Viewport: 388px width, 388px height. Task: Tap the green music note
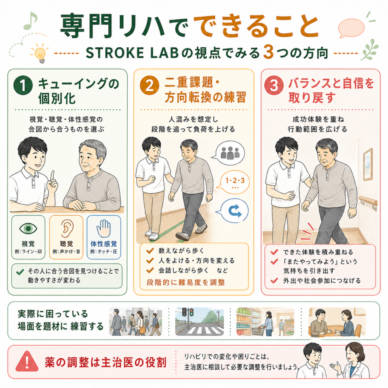tap(30, 21)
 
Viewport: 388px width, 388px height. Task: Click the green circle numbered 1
tap(23, 85)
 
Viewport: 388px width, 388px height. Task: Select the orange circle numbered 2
tap(149, 85)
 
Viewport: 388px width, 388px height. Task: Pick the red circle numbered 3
tap(274, 85)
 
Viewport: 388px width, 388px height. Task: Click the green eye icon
tap(28, 228)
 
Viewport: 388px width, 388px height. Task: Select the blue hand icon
tap(104, 228)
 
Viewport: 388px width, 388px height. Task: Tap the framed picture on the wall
tap(368, 164)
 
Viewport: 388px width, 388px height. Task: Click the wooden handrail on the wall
tap(368, 202)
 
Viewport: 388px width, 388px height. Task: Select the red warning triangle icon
tap(27, 361)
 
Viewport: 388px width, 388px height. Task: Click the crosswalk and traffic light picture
tap(199, 322)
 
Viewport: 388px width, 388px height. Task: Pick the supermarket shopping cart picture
tap(265, 322)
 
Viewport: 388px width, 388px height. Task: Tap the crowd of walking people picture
tap(136, 322)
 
